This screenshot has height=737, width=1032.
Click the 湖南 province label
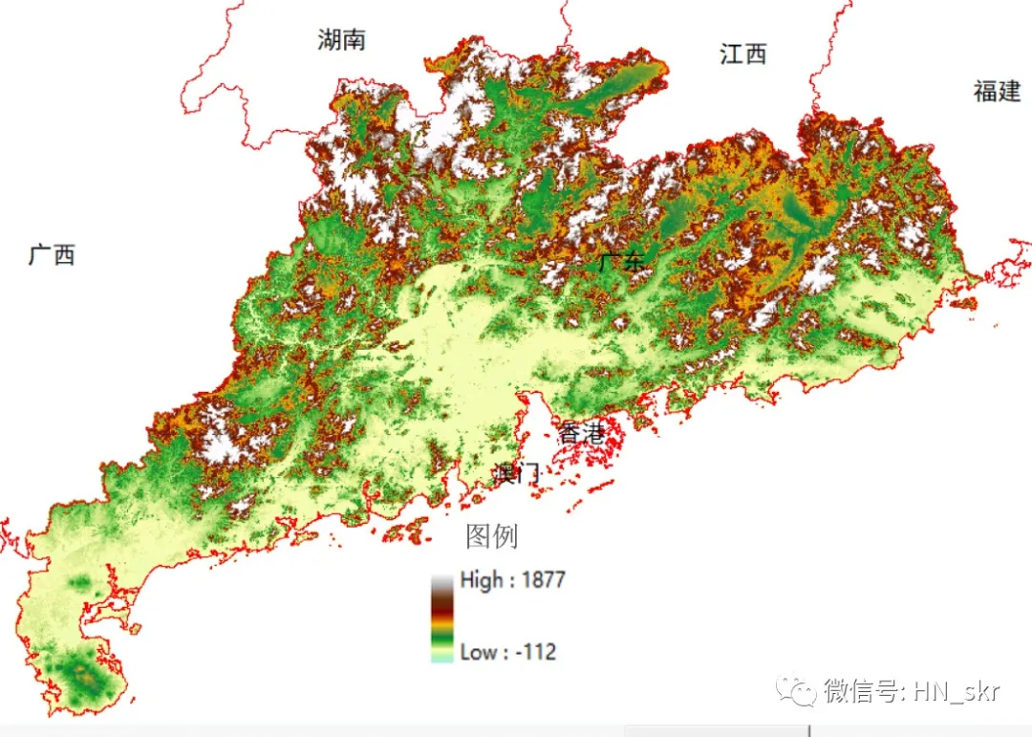pos(341,39)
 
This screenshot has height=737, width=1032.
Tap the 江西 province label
pos(742,54)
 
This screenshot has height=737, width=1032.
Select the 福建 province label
pos(997,92)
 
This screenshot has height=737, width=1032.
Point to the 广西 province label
pos(52,255)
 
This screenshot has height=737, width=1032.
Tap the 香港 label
pos(581,433)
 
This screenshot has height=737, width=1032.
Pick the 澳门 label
pos(518,472)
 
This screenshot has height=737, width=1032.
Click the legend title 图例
pos(491,536)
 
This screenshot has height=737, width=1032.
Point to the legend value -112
pos(536,653)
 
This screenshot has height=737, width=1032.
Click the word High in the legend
pos(481,579)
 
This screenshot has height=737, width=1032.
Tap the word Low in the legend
pos(478,653)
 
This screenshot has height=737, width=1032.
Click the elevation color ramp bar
pos(441,618)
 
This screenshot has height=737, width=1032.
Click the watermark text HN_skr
pos(957,690)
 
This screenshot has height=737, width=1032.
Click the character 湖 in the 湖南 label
pos(330,39)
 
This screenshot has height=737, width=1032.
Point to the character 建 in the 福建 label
pos(1009,92)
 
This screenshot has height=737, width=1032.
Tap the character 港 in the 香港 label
pos(593,433)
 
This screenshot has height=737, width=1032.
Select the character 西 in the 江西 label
pos(755,54)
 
